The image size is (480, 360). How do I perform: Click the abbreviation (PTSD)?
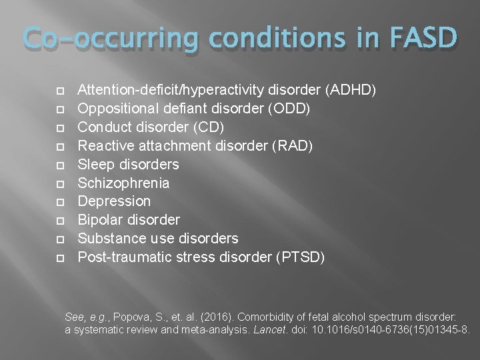pyautogui.click(x=300, y=257)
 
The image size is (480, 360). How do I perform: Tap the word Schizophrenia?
pyautogui.click(x=123, y=183)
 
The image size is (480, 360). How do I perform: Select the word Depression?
pyautogui.click(x=114, y=201)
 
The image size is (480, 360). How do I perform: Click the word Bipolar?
pyautogui.click(x=100, y=220)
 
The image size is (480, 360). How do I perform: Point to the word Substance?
pyautogui.click(x=109, y=239)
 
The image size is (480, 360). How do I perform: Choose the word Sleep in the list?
pyautogui.click(x=96, y=164)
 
